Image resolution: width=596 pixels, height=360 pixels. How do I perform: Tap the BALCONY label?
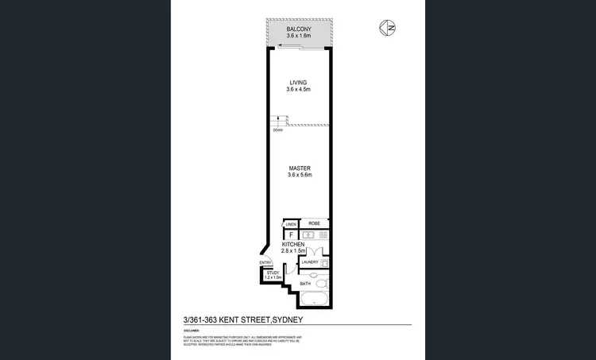pyautogui.click(x=298, y=29)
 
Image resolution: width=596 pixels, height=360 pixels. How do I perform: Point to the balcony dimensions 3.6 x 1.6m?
pyautogui.click(x=298, y=37)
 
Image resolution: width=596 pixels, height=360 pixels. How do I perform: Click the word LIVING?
pyautogui.click(x=298, y=83)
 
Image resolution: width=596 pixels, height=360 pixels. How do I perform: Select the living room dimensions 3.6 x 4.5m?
pyautogui.click(x=298, y=90)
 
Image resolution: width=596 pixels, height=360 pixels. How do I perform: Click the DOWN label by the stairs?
pyautogui.click(x=277, y=130)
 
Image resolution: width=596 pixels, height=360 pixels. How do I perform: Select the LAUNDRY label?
pyautogui.click(x=310, y=262)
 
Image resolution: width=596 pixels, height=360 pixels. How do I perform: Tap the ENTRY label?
pyautogui.click(x=265, y=263)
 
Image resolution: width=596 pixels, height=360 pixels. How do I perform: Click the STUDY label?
pyautogui.click(x=273, y=273)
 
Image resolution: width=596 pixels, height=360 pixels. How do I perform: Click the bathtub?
pyautogui.click(x=314, y=300)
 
